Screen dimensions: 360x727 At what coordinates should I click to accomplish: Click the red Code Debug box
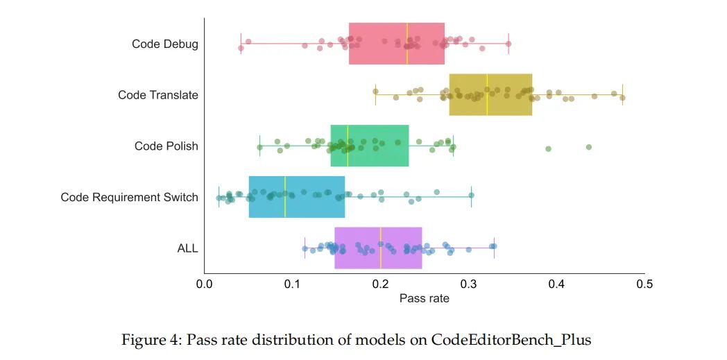[396, 44]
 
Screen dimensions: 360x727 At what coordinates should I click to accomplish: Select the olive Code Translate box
[490, 94]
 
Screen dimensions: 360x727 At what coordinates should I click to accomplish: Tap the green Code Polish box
[370, 146]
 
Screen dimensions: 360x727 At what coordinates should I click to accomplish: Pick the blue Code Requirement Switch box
[296, 197]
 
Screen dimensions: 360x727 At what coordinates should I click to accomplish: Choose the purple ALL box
[378, 248]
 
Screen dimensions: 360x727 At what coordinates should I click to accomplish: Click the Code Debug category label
[165, 44]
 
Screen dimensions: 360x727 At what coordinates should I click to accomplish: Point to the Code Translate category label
[158, 95]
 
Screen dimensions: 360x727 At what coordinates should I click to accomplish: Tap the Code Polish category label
[166, 146]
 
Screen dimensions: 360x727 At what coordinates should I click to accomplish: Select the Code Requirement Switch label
[130, 198]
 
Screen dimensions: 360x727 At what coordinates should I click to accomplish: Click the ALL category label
[188, 248]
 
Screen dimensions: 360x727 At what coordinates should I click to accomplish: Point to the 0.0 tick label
[204, 284]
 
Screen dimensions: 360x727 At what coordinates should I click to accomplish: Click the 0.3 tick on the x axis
[468, 284]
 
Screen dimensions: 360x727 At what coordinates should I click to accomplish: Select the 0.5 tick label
[644, 284]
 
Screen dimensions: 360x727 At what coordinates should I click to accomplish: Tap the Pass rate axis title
[425, 299]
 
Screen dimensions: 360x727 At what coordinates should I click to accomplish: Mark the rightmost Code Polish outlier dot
[589, 147]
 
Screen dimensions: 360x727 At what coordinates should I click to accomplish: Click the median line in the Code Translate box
[487, 94]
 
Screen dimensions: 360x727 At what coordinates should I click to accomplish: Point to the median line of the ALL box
[381, 248]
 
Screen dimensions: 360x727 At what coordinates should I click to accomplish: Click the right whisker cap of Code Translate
[622, 94]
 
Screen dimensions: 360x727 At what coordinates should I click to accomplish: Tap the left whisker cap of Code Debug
[241, 44]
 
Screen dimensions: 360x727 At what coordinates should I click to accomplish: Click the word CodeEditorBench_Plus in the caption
[511, 340]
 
